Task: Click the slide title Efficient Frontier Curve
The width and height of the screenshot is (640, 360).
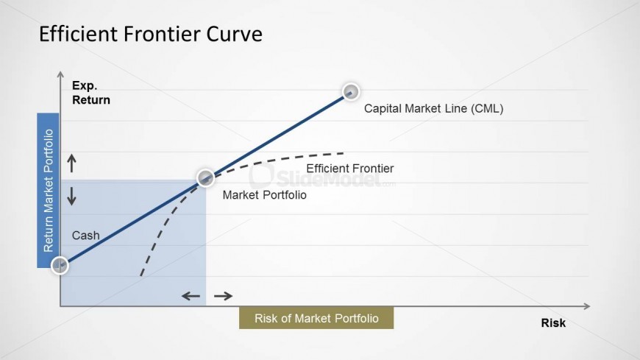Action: coord(151,34)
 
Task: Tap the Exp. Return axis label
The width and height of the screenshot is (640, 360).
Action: coord(91,93)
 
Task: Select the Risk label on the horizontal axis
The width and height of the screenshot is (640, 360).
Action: coord(553,322)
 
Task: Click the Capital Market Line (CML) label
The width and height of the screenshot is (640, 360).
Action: coord(433,109)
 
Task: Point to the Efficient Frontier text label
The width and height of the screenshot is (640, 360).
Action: coord(350,169)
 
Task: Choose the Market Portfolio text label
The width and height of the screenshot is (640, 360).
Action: coord(265,195)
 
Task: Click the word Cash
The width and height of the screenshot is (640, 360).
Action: coord(86,236)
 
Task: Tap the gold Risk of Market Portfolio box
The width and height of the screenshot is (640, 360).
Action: coord(316,318)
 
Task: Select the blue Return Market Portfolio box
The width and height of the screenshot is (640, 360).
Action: coord(48,191)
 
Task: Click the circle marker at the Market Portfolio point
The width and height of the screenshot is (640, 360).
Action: coord(205,177)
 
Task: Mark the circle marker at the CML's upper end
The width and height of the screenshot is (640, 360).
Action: coord(351,91)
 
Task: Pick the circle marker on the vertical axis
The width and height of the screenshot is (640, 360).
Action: coord(60,266)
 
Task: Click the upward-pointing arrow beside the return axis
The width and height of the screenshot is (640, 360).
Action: coord(72,163)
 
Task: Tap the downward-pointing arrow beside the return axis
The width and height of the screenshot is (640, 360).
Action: coord(72,196)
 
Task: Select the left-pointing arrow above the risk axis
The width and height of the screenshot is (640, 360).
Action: coord(191,296)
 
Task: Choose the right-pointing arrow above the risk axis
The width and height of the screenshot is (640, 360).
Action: coord(224,296)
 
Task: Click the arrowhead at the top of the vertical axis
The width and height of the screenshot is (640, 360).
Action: coord(60,74)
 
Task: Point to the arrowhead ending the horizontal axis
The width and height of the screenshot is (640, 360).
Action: coord(587,306)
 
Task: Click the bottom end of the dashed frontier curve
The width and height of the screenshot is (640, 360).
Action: coord(141,275)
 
